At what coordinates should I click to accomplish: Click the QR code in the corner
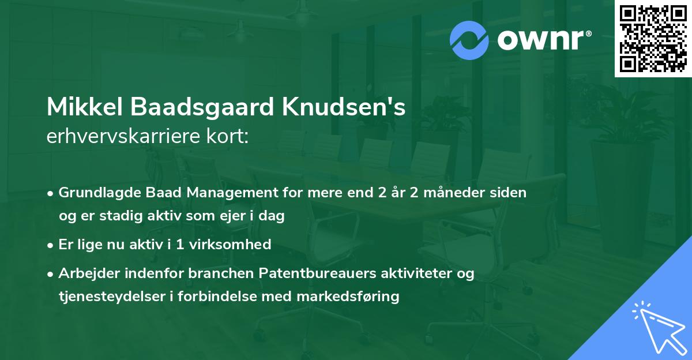[653, 39]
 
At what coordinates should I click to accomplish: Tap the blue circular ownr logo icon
[469, 40]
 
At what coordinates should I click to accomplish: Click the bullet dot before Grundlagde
[52, 193]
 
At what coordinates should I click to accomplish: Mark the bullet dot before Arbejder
[52, 273]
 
